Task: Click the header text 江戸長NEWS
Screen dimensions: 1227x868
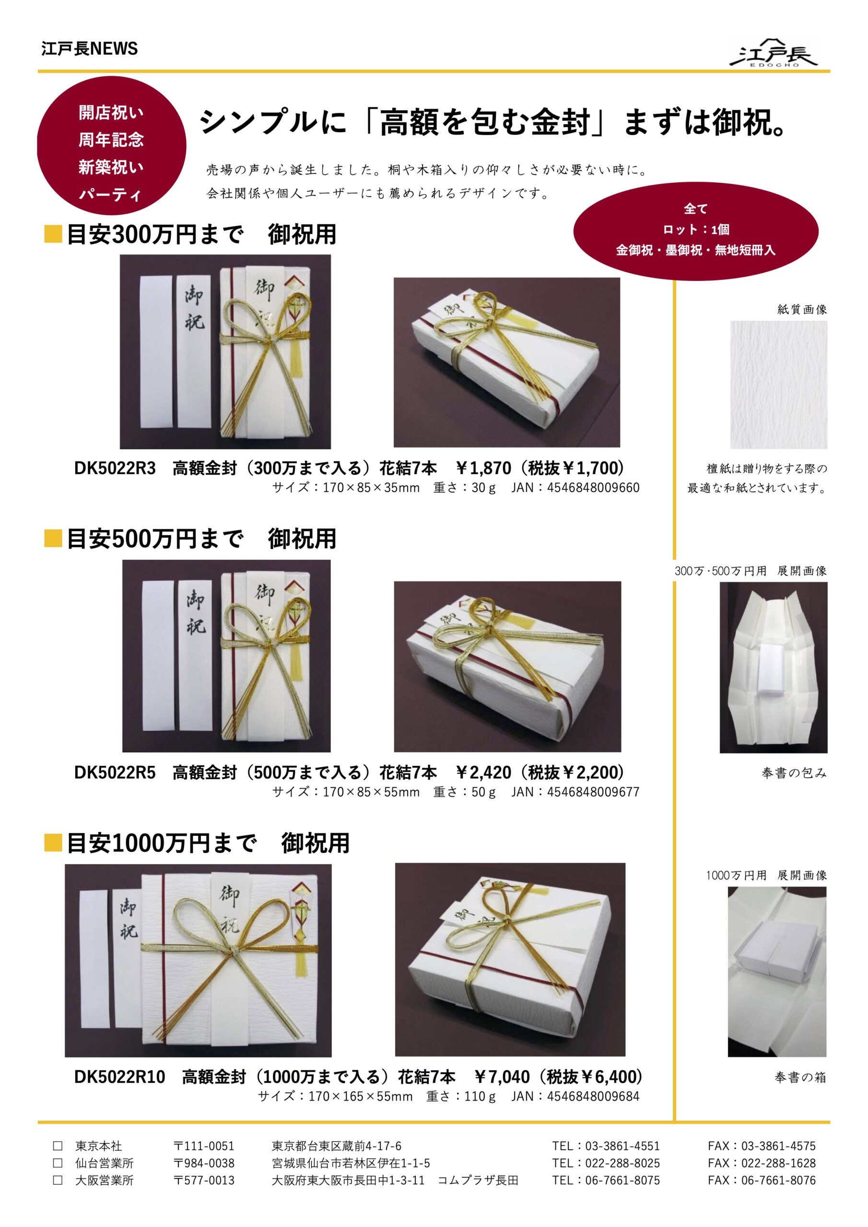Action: (x=89, y=48)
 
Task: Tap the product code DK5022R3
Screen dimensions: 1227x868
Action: (x=115, y=468)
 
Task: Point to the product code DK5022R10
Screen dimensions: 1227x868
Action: (x=119, y=1077)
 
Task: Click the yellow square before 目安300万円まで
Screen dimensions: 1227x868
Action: (x=53, y=234)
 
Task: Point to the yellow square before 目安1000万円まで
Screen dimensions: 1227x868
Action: (x=53, y=843)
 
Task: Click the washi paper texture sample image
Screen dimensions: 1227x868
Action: (x=778, y=384)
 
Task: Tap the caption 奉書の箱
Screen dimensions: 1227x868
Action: (x=799, y=1077)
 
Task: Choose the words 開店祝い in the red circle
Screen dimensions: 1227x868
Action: (x=111, y=113)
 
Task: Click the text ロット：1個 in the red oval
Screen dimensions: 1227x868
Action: (x=695, y=229)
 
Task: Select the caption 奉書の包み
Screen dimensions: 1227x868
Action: (x=794, y=773)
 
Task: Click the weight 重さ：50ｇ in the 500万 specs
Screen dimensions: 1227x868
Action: (x=464, y=791)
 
